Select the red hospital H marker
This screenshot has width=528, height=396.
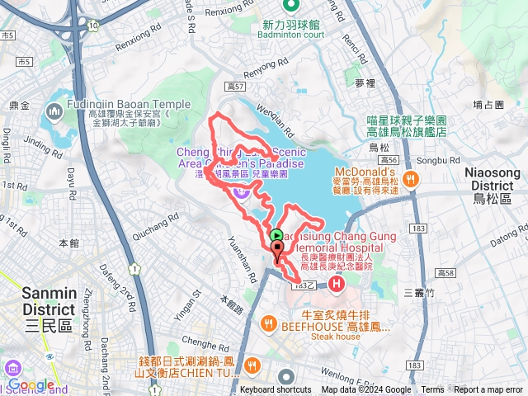coord(337,285)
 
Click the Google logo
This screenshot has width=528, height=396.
coord(31,385)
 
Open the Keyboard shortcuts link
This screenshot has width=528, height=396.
coord(276,390)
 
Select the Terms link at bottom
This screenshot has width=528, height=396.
coord(432,390)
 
